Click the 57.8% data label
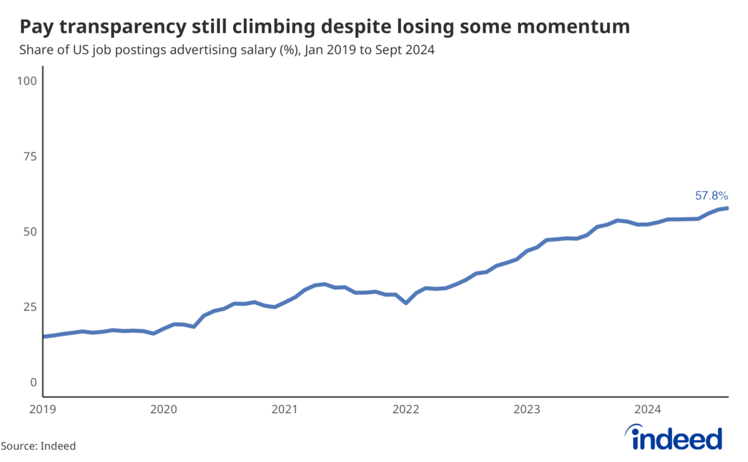(711, 196)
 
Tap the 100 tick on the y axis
(26, 80)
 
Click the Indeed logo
(677, 438)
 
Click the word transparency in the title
(120, 28)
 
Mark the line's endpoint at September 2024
(728, 208)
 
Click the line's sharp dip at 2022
(405, 302)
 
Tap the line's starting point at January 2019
(44, 336)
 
